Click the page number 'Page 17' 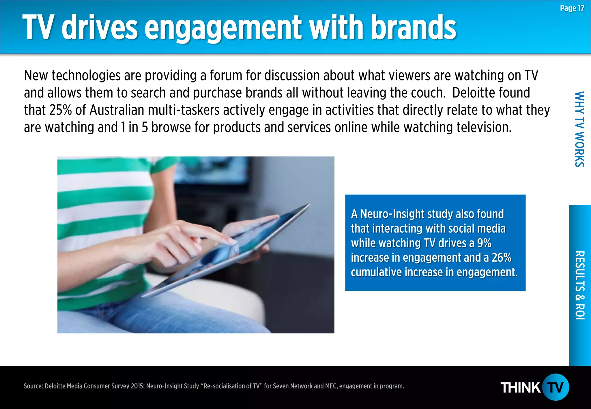(572, 8)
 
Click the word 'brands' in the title (413, 28)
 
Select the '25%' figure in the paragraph (60, 110)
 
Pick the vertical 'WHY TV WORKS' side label (579, 129)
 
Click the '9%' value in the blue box (484, 243)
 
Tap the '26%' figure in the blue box (502, 258)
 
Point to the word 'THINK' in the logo (520, 388)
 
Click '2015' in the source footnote (137, 386)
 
